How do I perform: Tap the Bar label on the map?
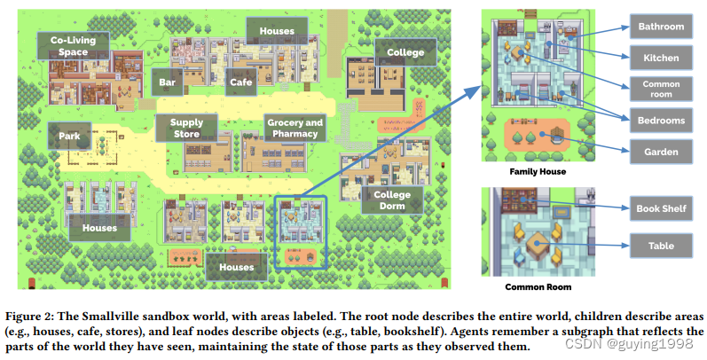(166, 82)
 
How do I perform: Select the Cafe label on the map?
(241, 82)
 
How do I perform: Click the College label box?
(405, 52)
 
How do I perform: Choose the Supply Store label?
(186, 129)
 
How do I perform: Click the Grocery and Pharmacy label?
(294, 129)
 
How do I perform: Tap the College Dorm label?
(391, 200)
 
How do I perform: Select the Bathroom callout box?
(662, 27)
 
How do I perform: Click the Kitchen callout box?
(662, 59)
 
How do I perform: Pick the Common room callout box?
(662, 89)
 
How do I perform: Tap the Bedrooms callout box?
(662, 120)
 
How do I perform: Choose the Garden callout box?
(662, 152)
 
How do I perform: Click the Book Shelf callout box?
(662, 208)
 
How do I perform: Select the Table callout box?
(662, 246)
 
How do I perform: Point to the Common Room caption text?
(538, 286)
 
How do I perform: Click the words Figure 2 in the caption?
(26, 317)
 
